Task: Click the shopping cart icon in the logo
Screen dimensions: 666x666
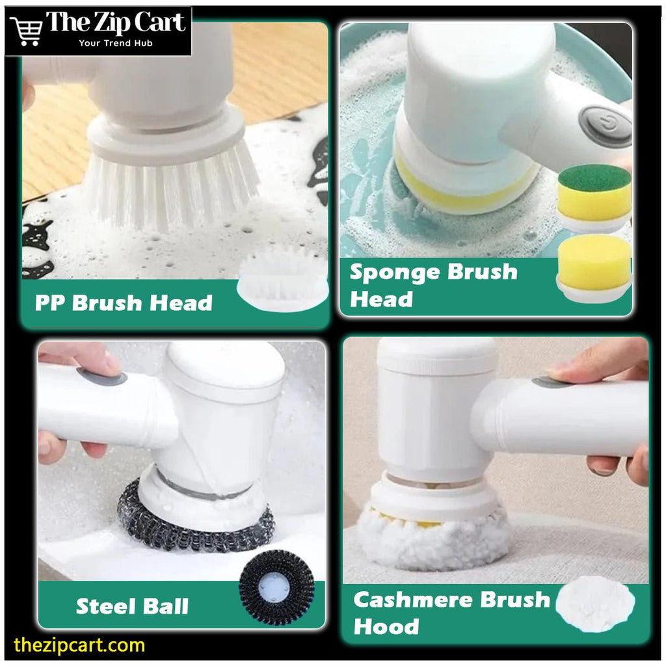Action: (26, 31)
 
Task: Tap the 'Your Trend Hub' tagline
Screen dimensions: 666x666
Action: (116, 43)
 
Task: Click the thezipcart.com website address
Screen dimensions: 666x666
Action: (79, 645)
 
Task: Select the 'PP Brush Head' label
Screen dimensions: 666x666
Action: (124, 303)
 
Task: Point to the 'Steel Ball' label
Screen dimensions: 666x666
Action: (132, 606)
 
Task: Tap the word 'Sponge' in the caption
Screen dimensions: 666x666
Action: (395, 273)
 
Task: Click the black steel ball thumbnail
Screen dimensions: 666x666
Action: (276, 587)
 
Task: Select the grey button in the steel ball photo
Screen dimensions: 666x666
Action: (101, 376)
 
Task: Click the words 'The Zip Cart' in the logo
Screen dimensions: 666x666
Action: (116, 22)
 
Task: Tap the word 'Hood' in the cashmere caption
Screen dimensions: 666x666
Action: (386, 626)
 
